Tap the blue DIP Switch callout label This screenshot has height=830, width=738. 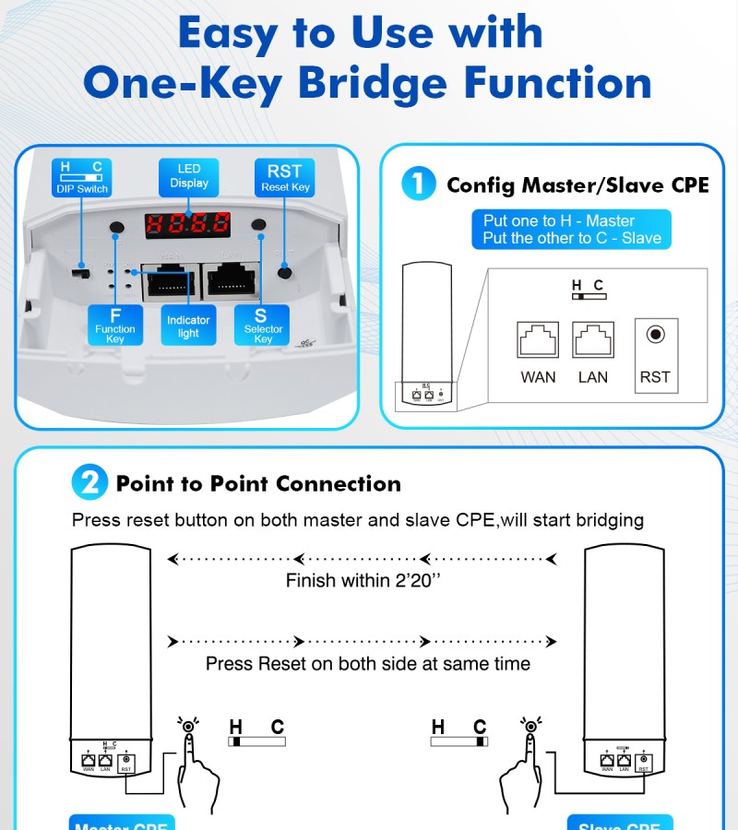point(81,178)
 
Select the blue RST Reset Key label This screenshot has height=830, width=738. point(284,177)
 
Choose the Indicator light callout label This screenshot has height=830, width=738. point(188,326)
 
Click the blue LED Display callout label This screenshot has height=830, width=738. point(188,176)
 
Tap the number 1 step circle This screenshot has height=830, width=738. point(418,184)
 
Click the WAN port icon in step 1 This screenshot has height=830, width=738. point(537,340)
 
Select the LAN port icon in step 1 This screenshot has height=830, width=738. point(592,340)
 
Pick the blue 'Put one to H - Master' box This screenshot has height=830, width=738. point(572,230)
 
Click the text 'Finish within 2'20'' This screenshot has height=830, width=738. point(363,581)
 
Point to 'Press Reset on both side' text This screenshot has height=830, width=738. point(367,664)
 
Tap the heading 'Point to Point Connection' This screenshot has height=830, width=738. point(258,484)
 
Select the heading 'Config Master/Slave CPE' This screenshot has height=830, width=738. point(577,185)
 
